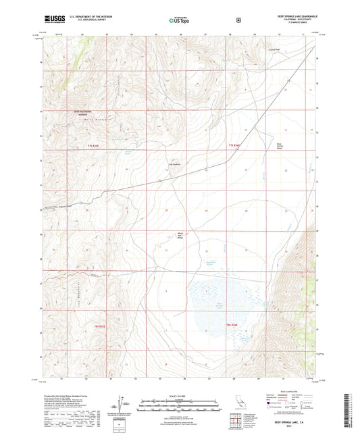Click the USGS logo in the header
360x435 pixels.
coord(53,18)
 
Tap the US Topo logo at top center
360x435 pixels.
coord(178,20)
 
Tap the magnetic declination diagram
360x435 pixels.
coord(120,404)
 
